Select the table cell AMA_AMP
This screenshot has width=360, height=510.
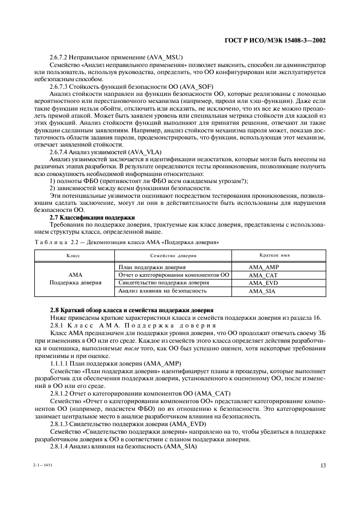point(263,268)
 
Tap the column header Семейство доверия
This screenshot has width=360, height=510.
point(173,255)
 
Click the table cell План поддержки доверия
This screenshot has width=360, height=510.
point(152,268)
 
